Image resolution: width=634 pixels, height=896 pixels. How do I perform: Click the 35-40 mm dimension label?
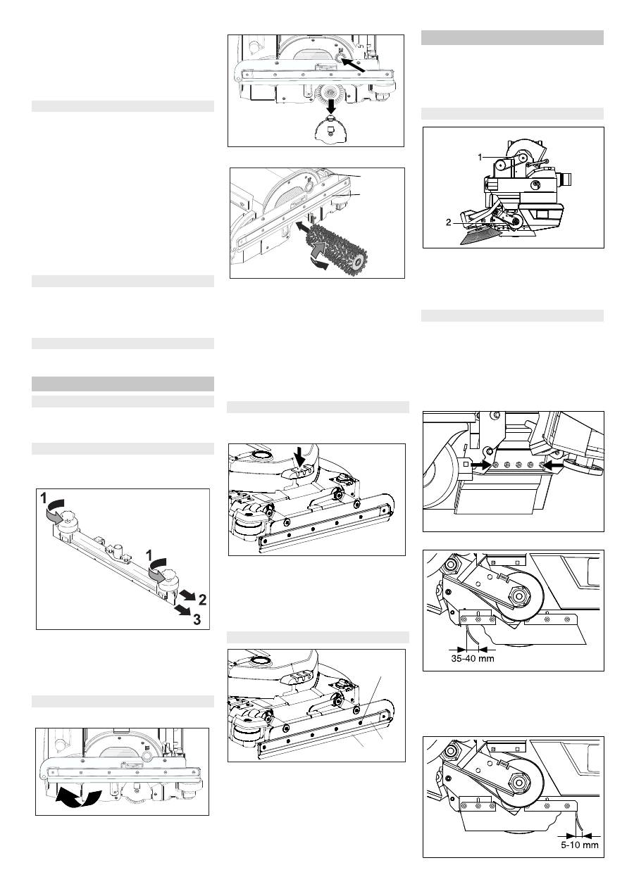472,658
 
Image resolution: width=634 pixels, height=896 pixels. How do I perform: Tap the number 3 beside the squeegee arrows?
197,619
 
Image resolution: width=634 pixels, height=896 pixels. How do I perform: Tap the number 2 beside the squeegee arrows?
202,600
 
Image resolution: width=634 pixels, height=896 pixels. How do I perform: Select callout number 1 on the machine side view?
480,158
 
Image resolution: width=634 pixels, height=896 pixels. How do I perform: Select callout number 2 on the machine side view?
448,222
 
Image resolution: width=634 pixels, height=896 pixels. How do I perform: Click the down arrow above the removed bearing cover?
330,106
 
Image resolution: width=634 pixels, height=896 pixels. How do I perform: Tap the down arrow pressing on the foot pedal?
300,456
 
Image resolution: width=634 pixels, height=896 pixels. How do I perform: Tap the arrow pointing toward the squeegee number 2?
187,594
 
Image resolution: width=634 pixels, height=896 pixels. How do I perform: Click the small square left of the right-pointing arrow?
466,465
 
